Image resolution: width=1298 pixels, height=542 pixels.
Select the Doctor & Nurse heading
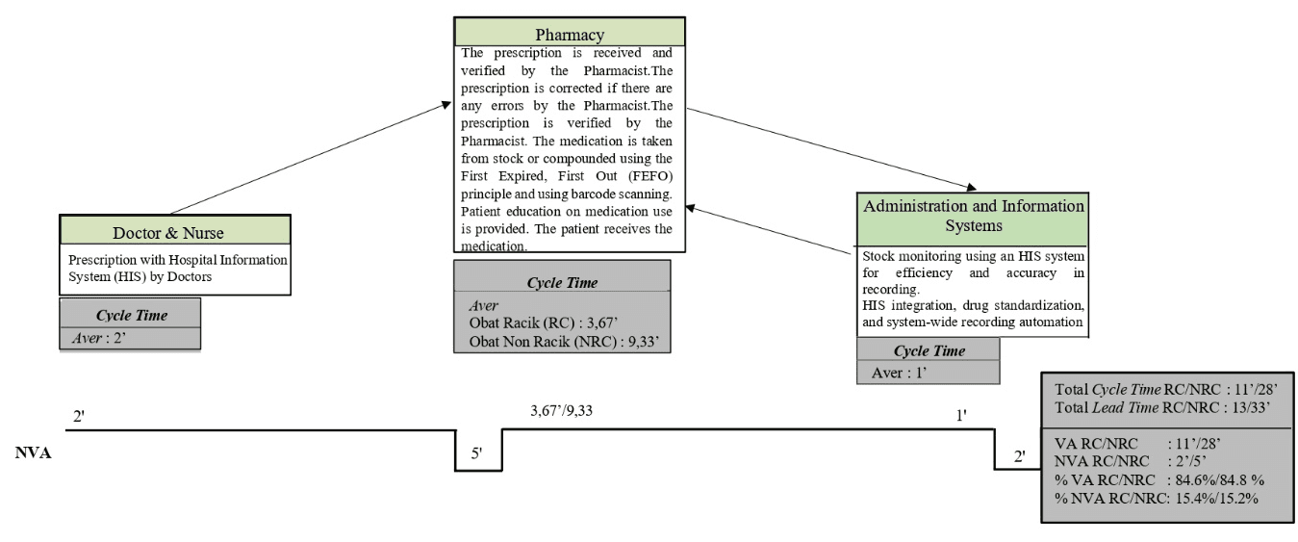[x=175, y=232]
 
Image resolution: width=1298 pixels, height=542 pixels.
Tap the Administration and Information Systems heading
[x=973, y=216]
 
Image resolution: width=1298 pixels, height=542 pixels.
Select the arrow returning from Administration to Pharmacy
[x=770, y=231]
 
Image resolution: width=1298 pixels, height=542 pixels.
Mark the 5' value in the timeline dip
[x=478, y=453]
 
